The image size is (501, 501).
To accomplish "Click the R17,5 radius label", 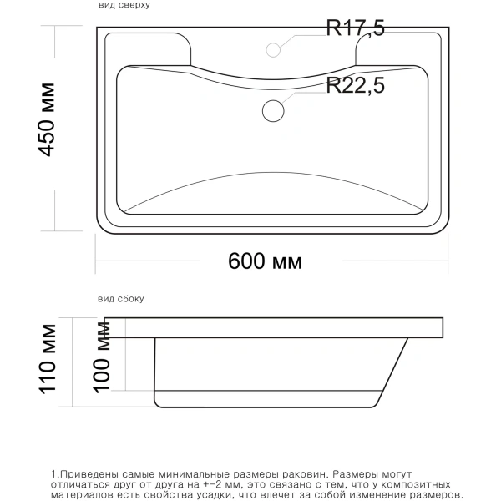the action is pyautogui.click(x=355, y=28).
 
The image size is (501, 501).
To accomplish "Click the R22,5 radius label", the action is pyautogui.click(x=355, y=85).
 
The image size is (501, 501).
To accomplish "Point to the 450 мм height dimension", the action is pyautogui.click(x=47, y=119).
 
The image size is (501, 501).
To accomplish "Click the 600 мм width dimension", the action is pyautogui.click(x=265, y=261).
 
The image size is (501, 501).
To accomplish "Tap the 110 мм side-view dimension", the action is pyautogui.click(x=48, y=359).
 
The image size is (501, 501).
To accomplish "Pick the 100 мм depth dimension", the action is pyautogui.click(x=102, y=357).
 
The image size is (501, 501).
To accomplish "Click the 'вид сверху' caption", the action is pyautogui.click(x=124, y=5).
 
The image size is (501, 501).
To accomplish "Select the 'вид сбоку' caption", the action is pyautogui.click(x=121, y=299).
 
